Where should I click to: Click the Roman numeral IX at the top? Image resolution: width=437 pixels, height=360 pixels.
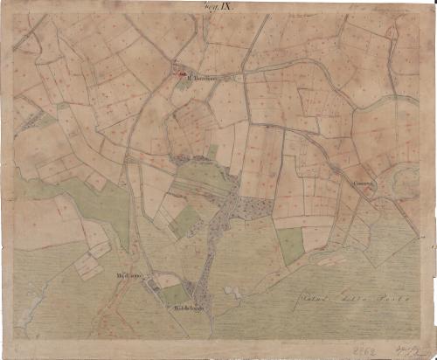pyautogui.click(x=226, y=7)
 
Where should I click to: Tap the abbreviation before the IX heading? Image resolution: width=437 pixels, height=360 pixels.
pyautogui.click(x=210, y=7)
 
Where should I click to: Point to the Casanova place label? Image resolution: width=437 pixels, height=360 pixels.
pyautogui.click(x=364, y=183)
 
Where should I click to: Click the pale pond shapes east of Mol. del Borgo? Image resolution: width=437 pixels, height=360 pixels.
pyautogui.click(x=233, y=291)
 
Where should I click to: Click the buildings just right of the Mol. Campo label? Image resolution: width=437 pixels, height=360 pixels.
pyautogui.click(x=163, y=280)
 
